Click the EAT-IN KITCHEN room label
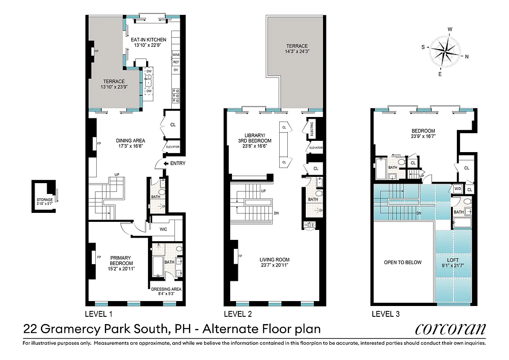click(148, 40)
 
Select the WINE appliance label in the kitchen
click(176, 54)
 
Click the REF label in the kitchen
click(176, 62)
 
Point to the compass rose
click(444, 51)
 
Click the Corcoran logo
click(451, 329)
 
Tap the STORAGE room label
click(45, 200)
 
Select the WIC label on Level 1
click(164, 229)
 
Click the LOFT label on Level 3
click(453, 260)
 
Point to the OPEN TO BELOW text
click(402, 262)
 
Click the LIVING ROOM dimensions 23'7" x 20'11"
click(274, 265)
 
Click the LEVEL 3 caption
click(385, 314)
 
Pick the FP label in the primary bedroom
click(98, 257)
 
